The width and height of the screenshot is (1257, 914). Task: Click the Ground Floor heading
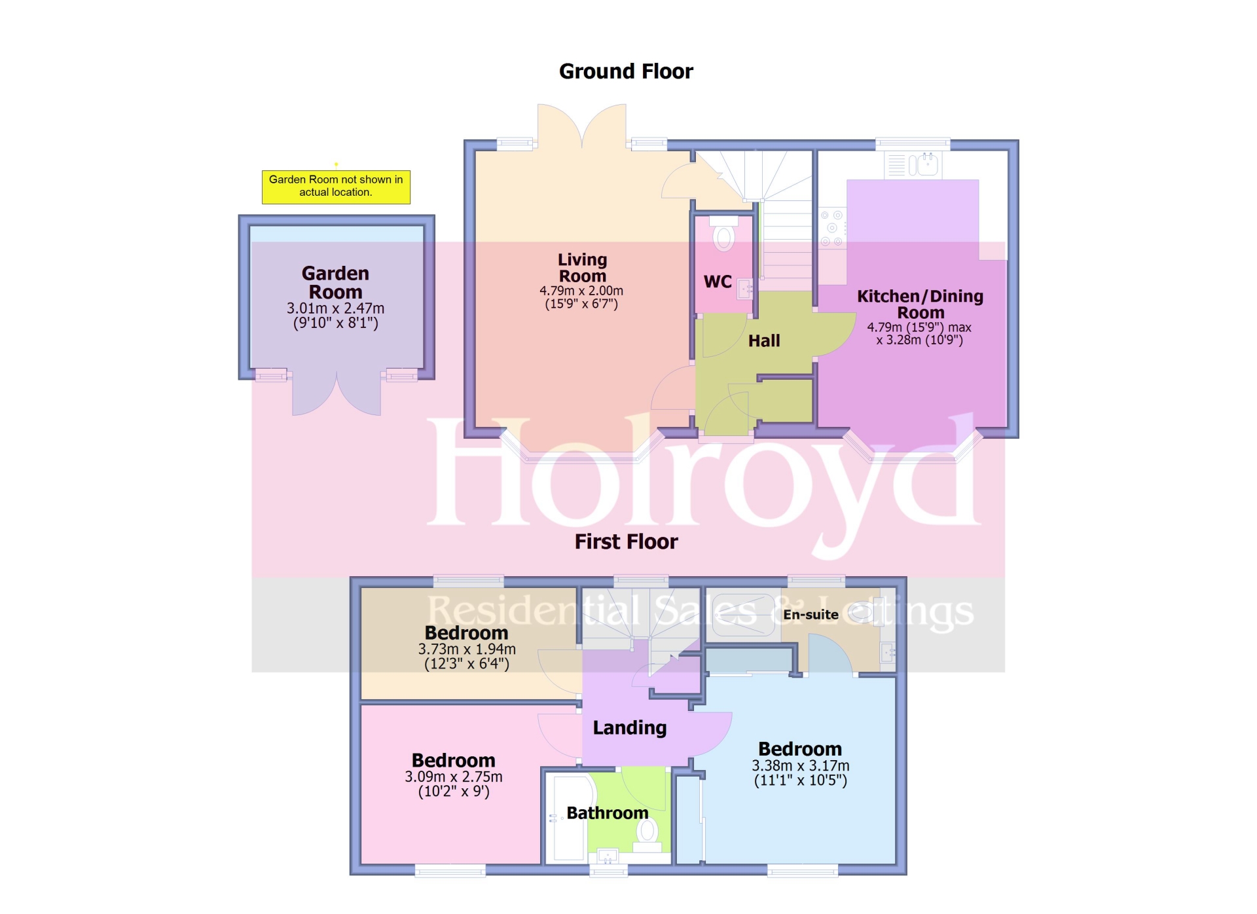[x=626, y=71]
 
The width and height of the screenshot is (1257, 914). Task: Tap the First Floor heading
[x=626, y=541]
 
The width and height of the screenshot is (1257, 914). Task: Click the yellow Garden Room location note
[x=336, y=187]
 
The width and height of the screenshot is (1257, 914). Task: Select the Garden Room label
[x=335, y=282]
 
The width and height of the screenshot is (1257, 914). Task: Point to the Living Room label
[x=582, y=268]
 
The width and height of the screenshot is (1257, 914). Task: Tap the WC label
[x=718, y=282]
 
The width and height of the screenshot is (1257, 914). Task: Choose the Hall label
[x=764, y=340]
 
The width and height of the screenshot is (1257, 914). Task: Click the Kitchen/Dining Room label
[x=920, y=304]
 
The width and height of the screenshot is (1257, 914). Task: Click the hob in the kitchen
[x=832, y=228]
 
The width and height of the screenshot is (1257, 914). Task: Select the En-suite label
[x=811, y=615]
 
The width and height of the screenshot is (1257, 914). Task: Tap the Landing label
[x=630, y=727]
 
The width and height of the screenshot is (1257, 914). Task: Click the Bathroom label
[x=607, y=813]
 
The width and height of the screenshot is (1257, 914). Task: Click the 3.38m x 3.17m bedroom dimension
[x=800, y=765]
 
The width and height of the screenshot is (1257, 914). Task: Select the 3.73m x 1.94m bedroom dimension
[x=467, y=649]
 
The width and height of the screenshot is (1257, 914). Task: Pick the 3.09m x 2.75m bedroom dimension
[x=454, y=777]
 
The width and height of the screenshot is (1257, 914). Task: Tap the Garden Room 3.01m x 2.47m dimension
[x=335, y=308]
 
